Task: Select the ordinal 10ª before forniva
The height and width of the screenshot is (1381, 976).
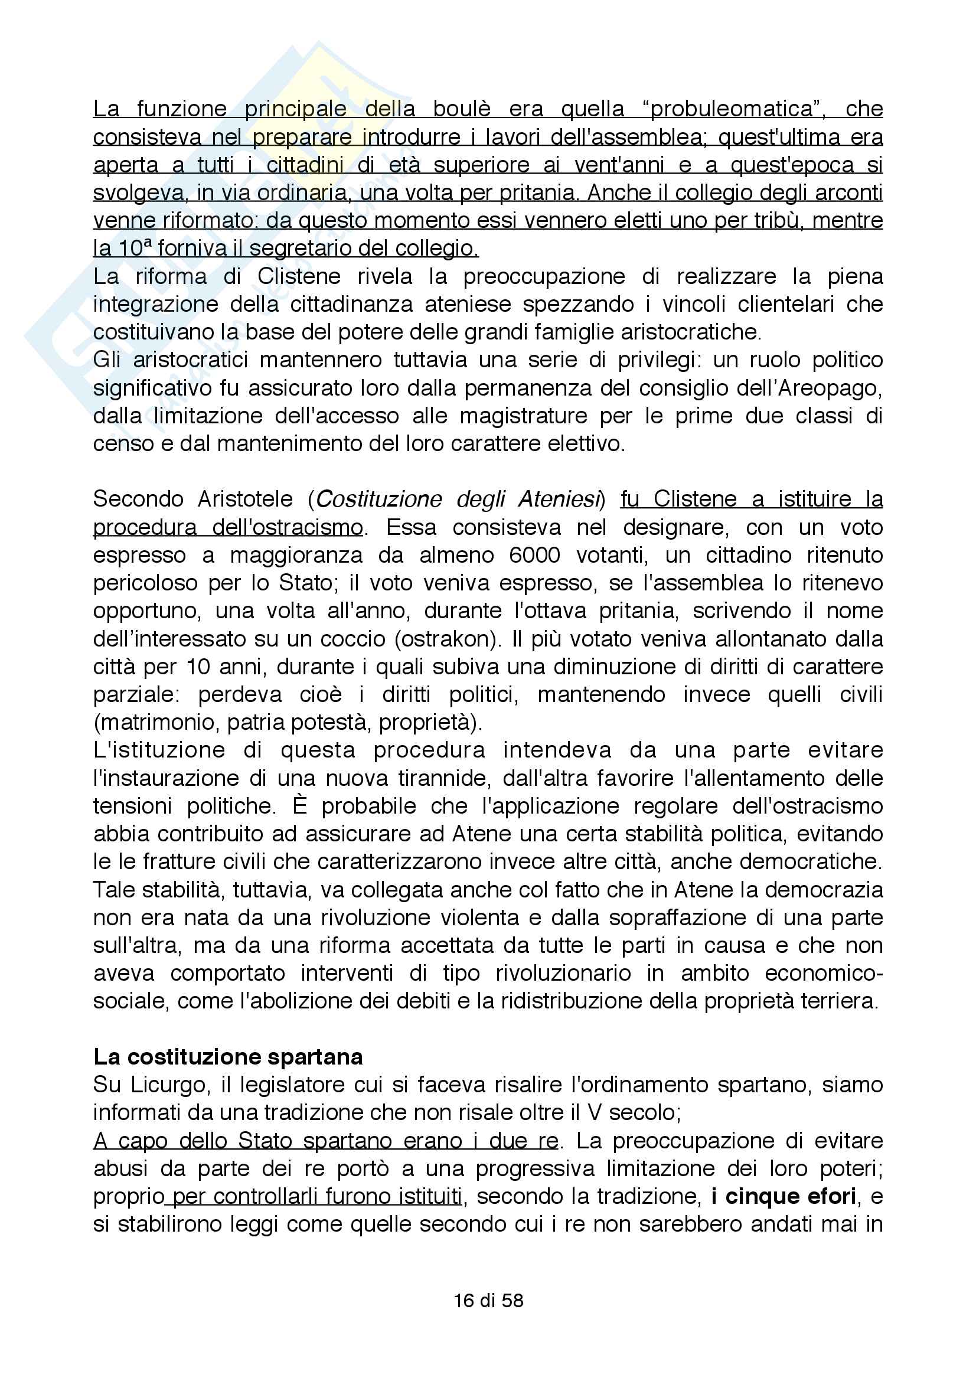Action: (132, 249)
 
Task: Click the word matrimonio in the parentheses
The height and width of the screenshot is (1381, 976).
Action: (158, 721)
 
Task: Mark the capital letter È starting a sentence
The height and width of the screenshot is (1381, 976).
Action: (299, 805)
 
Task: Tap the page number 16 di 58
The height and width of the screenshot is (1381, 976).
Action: (488, 1300)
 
